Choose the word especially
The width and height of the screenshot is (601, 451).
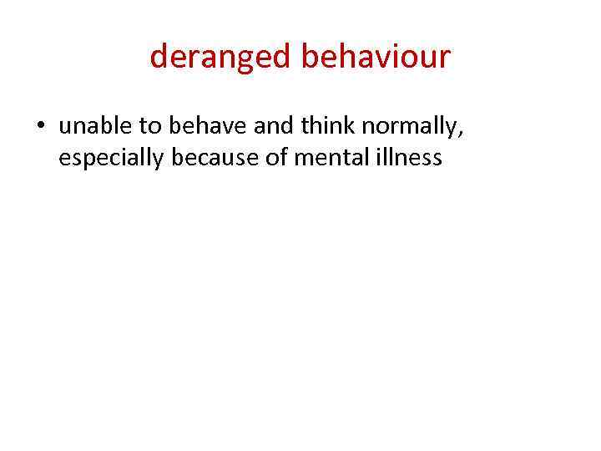tap(112, 158)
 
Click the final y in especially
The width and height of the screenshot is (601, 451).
tap(160, 160)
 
